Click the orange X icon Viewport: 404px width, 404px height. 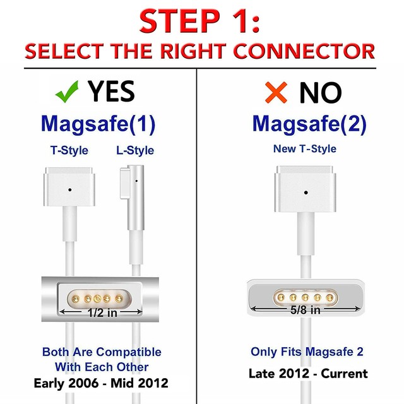pyautogui.click(x=276, y=92)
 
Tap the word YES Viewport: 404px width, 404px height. pyautogui.click(x=112, y=92)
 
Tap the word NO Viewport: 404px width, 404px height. pyautogui.click(x=320, y=93)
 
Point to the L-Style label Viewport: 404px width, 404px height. pyautogui.click(x=135, y=150)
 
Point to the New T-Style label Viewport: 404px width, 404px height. pyautogui.click(x=305, y=149)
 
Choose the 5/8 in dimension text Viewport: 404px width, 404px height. pyautogui.click(x=306, y=310)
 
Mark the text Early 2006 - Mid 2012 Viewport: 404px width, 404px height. pyautogui.click(x=102, y=383)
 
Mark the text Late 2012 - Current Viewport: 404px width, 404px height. pyautogui.click(x=308, y=374)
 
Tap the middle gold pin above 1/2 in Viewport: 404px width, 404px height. pyautogui.click(x=98, y=297)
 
